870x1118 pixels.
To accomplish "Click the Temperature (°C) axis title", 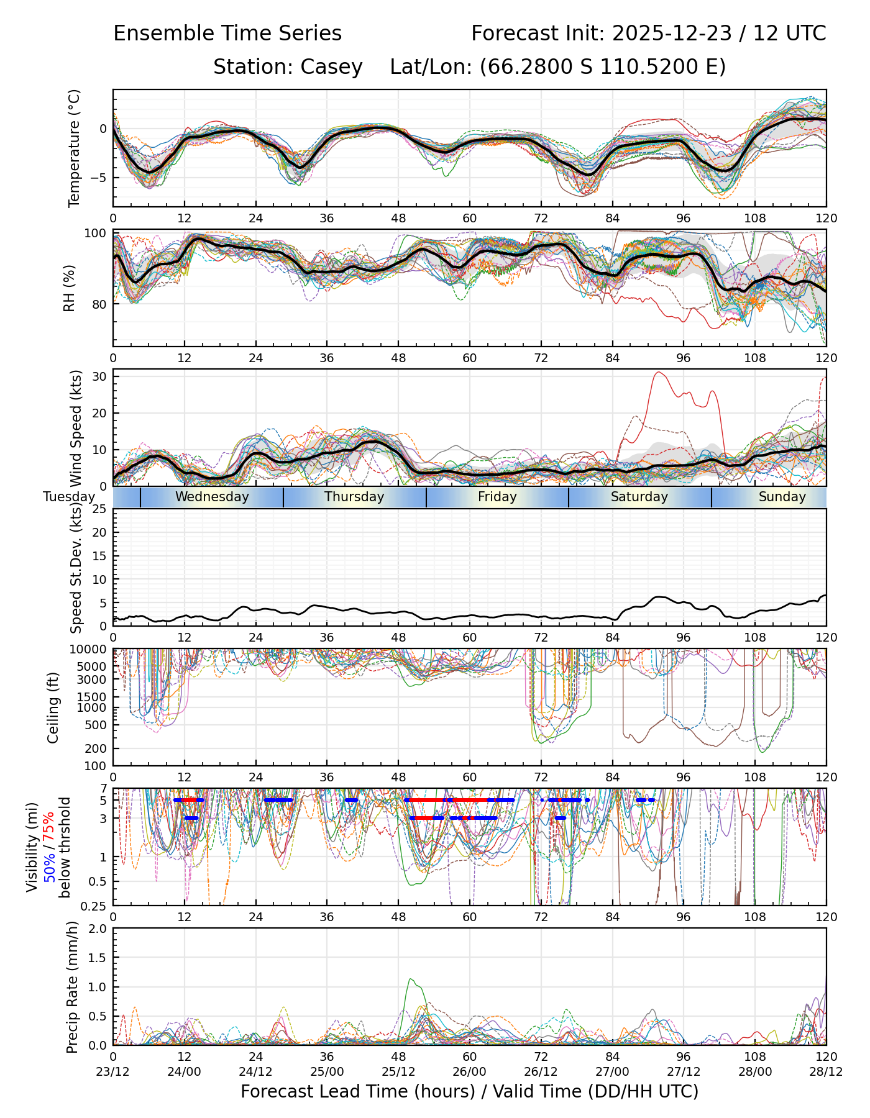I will tap(75, 148).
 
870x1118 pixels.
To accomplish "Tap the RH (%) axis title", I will tap(69, 288).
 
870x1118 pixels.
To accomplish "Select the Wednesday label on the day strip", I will tap(212, 497).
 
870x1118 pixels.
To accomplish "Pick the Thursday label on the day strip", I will tap(354, 497).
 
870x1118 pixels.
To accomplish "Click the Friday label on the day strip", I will tap(497, 497).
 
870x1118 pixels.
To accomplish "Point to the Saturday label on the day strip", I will tap(639, 497).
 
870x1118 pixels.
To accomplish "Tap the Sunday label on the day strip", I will tap(782, 497).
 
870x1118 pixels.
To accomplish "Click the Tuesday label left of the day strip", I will tap(69, 497).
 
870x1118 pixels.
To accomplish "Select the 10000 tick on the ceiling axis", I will tap(90, 650).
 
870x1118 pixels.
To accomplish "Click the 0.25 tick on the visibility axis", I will tap(95, 905).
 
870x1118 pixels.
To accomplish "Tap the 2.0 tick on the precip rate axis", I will tap(98, 929).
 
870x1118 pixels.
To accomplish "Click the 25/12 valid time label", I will tap(398, 1071).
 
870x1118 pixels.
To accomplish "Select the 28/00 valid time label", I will tap(755, 1071).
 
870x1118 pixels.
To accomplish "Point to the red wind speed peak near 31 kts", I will tap(659, 373).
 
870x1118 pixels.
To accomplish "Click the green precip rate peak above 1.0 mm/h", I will tap(411, 979).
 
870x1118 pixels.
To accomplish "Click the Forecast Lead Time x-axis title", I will tap(469, 1092).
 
